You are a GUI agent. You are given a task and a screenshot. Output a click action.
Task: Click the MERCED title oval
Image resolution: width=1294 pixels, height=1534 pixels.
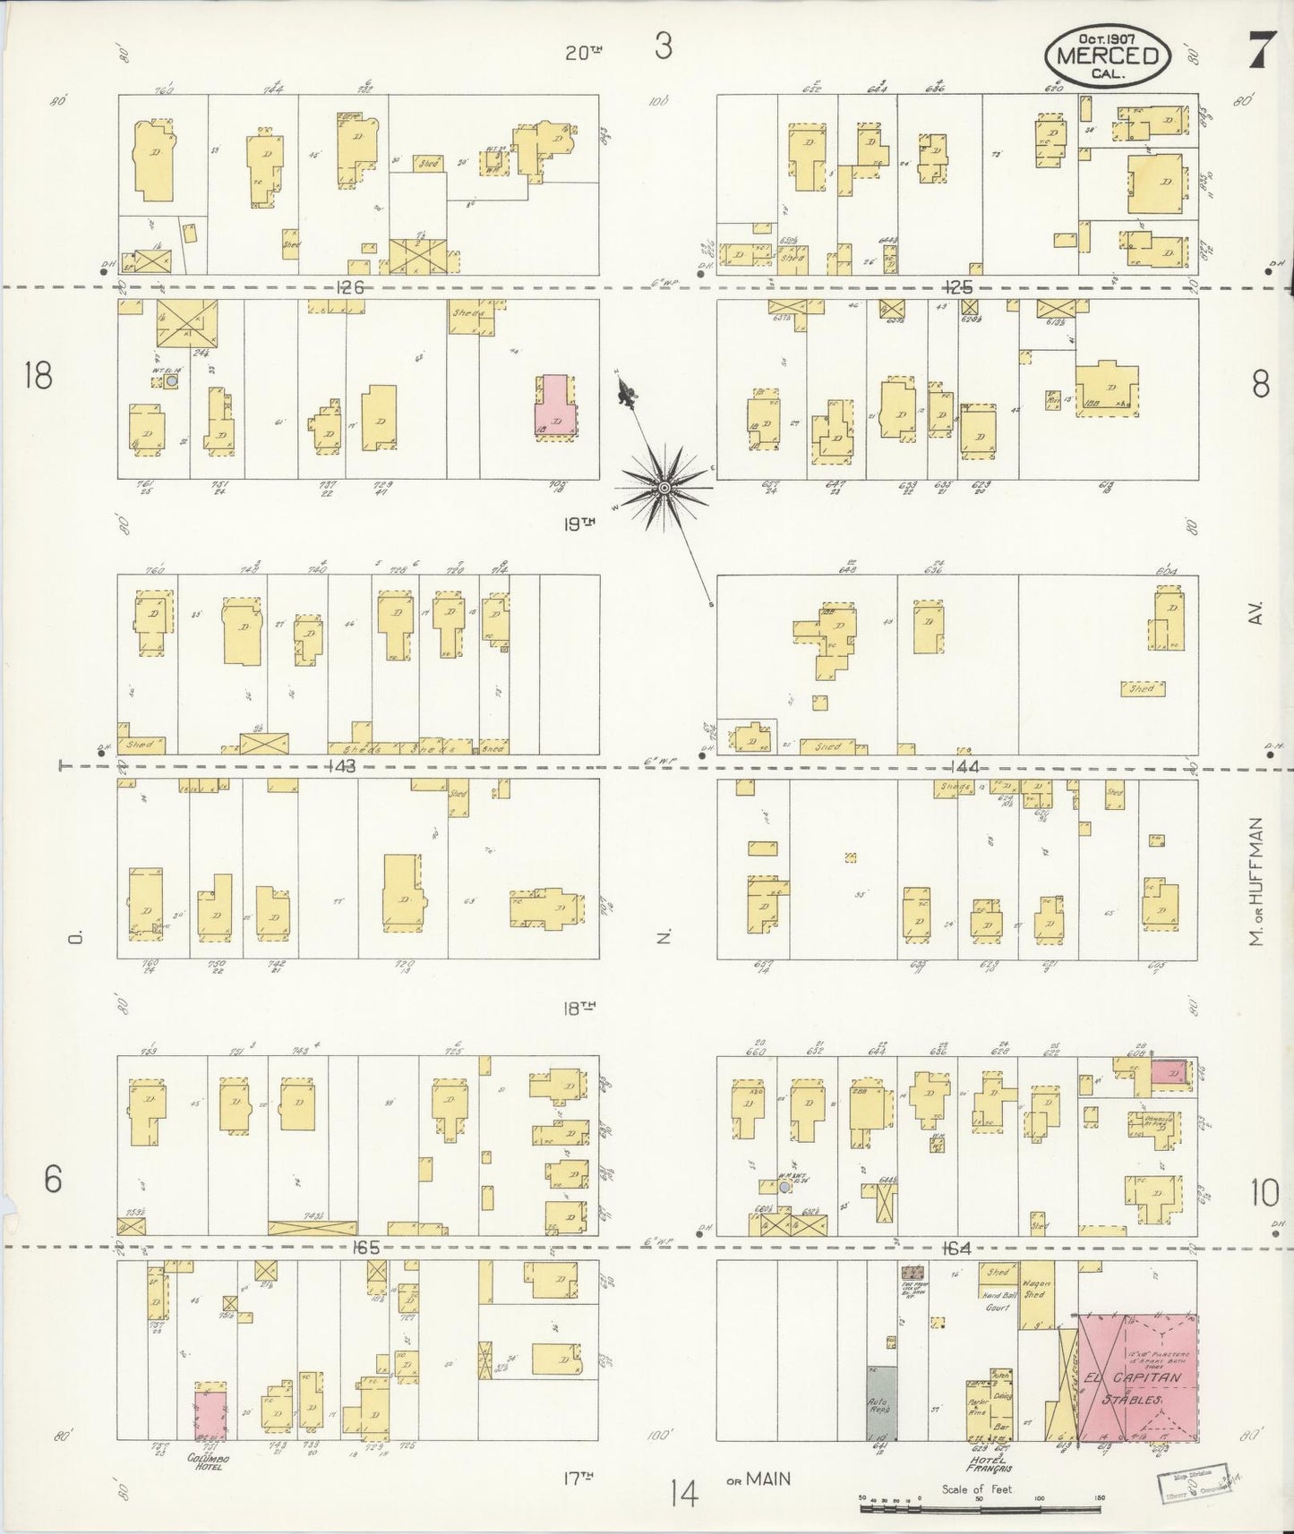[1107, 54]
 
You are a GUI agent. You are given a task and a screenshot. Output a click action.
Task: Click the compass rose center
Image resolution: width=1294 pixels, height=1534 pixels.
[664, 487]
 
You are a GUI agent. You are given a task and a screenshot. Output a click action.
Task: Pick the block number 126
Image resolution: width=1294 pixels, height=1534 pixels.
[350, 287]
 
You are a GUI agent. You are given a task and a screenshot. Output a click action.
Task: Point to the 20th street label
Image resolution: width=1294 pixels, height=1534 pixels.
[583, 53]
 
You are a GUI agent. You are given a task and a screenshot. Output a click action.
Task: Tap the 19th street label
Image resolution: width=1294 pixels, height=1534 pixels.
[579, 524]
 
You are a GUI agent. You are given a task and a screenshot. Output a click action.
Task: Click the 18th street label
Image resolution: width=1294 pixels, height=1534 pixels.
[579, 1007]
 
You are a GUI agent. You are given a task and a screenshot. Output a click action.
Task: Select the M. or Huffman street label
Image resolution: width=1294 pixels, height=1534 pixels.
[1259, 882]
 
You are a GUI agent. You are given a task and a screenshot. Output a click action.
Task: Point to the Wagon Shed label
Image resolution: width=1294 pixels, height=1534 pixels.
[1034, 1288]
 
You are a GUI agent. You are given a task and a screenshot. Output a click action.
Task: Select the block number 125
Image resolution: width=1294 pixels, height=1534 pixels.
[957, 287]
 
